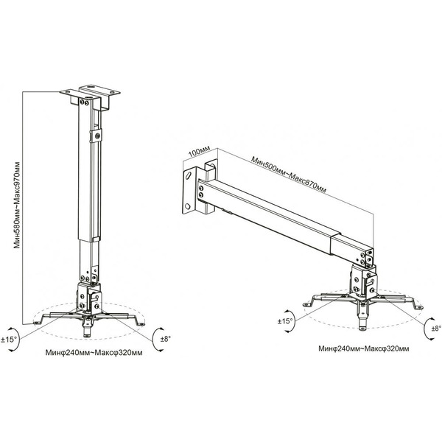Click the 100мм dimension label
click(200, 152)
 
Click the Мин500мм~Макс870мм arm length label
click(289, 175)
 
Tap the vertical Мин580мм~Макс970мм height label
click(17, 205)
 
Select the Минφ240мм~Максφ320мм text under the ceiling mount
click(94, 353)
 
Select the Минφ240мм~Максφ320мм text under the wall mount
click(364, 348)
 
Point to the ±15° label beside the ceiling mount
click(9, 340)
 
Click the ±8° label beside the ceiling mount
click(166, 339)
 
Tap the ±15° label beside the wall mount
click(285, 321)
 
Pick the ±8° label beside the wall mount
click(436, 328)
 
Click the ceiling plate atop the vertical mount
click(90, 91)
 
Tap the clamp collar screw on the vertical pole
click(97, 136)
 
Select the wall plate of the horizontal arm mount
click(190, 190)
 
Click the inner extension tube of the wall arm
click(352, 250)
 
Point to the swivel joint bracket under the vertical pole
click(88, 298)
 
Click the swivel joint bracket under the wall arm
click(364, 284)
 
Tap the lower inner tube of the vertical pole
click(88, 261)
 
